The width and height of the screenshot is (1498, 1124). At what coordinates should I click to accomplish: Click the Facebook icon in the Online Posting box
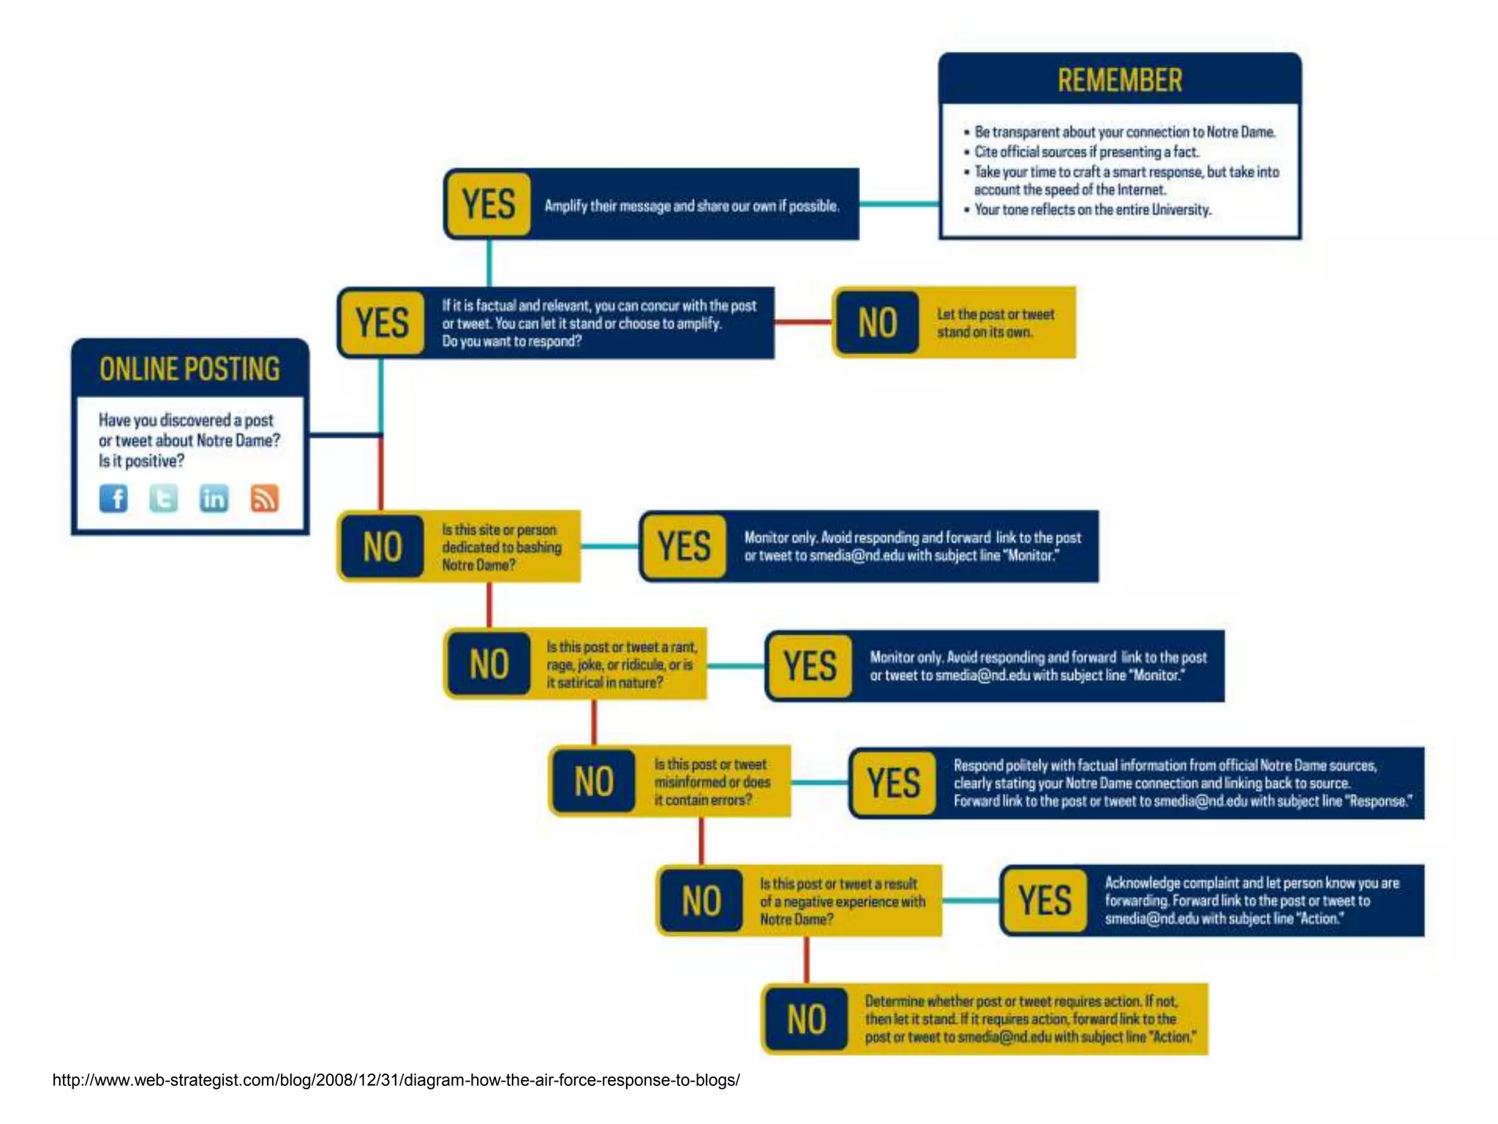point(113,498)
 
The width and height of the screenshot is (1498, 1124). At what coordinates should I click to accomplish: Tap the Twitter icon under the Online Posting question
point(163,498)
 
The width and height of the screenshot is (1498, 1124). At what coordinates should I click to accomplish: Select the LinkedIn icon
point(214,498)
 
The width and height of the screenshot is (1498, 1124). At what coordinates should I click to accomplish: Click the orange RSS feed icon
point(264,498)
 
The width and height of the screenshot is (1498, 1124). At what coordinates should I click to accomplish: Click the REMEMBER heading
point(1119,80)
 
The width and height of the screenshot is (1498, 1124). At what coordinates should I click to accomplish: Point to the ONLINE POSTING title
point(189,369)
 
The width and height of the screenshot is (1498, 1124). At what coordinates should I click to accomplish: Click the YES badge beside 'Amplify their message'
point(489,204)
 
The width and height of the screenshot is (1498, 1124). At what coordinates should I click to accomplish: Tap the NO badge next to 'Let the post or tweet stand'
point(878,323)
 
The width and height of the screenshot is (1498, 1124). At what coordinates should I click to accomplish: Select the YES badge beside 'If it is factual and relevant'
point(382,323)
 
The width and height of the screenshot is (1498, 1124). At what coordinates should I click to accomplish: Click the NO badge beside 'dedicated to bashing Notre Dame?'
point(382,547)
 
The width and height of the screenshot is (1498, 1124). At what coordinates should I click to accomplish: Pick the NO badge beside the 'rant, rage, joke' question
point(489,664)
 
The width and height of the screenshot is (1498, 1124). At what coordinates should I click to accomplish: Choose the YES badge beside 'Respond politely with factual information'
point(894,782)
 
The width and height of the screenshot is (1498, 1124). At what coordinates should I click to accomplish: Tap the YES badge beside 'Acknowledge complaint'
point(1045,901)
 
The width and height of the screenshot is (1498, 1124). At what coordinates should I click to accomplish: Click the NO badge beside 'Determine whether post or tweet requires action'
point(806,1019)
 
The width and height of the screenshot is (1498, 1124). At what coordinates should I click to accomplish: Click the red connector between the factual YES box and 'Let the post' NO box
point(803,321)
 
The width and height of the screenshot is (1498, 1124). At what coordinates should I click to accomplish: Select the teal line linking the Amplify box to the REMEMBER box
point(899,204)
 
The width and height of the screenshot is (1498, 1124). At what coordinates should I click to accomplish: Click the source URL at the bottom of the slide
point(396,1080)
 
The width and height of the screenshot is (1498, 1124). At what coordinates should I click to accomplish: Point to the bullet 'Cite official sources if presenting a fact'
point(1086,152)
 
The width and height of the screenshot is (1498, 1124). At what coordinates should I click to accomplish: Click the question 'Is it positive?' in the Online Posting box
point(142,461)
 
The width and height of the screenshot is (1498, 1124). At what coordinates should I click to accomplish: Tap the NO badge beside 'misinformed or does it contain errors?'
point(594,782)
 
